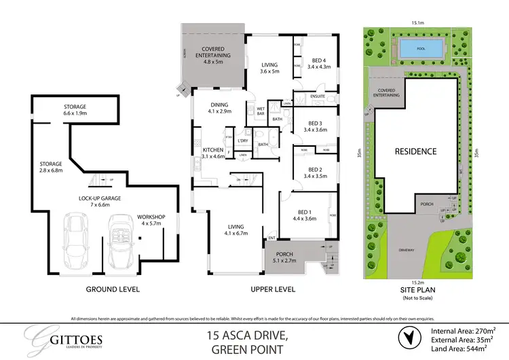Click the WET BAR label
point(260,111)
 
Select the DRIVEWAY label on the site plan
point(406,251)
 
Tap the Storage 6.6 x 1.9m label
point(75,110)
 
